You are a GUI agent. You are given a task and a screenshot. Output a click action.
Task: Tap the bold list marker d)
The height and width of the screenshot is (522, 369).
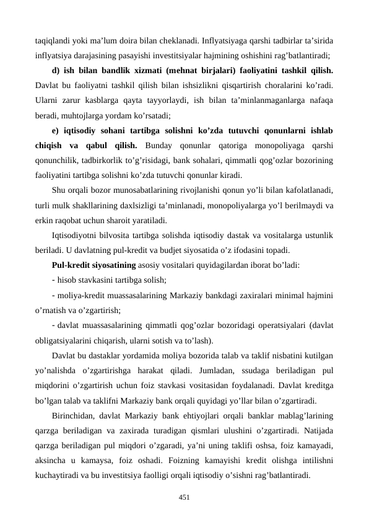click(56, 70)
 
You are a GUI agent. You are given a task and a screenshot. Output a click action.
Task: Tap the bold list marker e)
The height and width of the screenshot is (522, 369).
click(56, 129)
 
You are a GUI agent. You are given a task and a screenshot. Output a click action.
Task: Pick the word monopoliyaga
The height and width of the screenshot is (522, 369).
click(279, 144)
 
